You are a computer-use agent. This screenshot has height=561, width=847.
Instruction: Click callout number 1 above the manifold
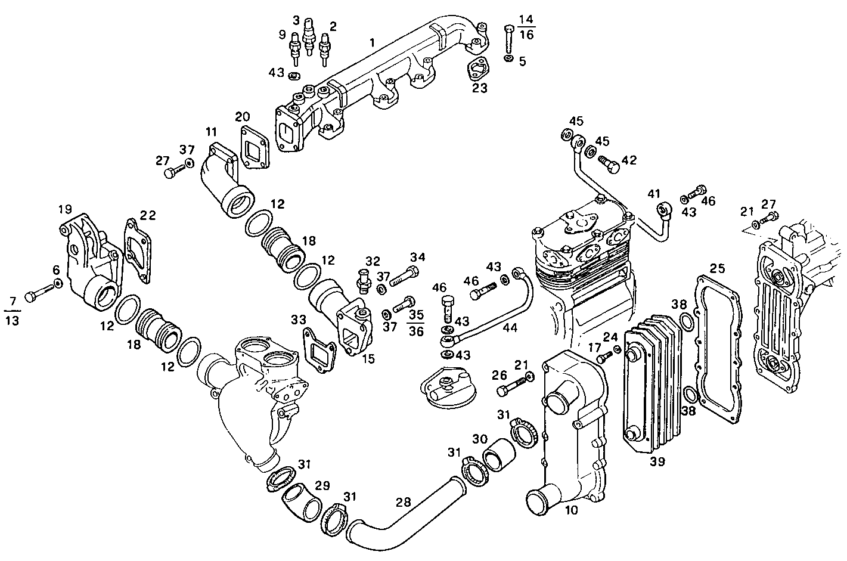(372, 43)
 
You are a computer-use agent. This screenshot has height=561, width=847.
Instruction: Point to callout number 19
(65, 209)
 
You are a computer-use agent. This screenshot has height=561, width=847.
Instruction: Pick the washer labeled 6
(58, 283)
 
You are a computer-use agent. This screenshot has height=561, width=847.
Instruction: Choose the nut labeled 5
(507, 60)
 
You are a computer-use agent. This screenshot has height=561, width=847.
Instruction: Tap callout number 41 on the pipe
(654, 193)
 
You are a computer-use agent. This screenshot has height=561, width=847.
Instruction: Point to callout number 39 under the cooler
(658, 461)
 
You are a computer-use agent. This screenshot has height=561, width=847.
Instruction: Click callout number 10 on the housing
(570, 510)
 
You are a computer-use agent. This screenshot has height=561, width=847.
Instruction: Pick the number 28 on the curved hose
(404, 503)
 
